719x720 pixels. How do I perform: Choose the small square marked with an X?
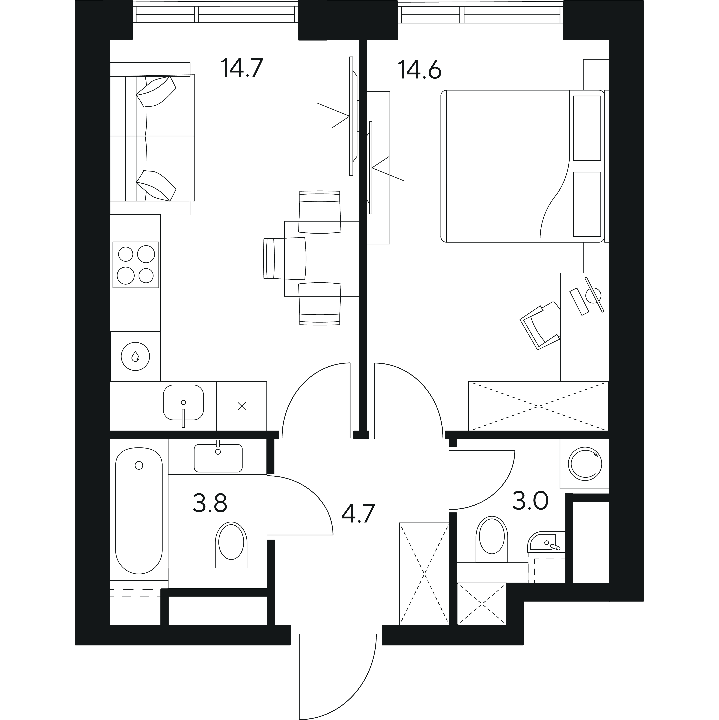click(x=242, y=406)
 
